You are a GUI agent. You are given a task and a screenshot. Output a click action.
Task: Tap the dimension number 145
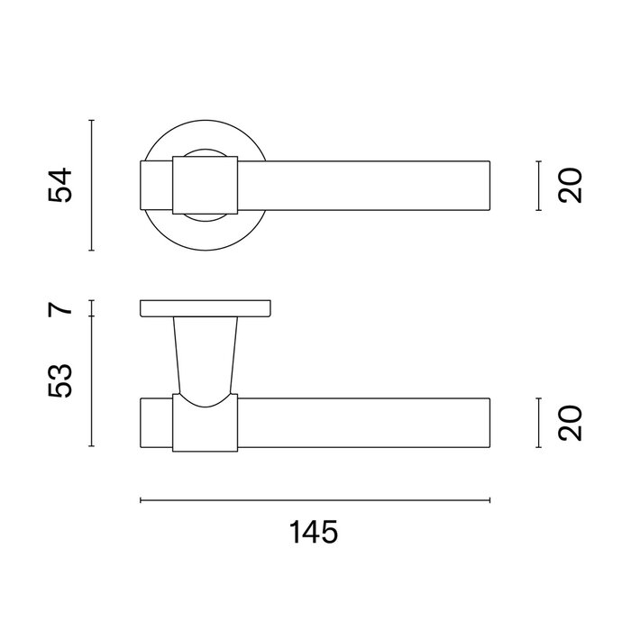314,532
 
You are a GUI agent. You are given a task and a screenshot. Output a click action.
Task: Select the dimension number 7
60,308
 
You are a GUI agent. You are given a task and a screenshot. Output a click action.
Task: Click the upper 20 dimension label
571,186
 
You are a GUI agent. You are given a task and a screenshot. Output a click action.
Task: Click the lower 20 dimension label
571,423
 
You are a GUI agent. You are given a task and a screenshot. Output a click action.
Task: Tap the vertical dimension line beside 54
92,185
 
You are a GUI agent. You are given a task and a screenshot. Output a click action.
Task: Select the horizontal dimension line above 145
315,500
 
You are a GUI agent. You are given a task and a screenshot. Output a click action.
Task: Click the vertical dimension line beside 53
92,381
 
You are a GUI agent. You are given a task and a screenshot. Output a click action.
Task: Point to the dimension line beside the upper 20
539,186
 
